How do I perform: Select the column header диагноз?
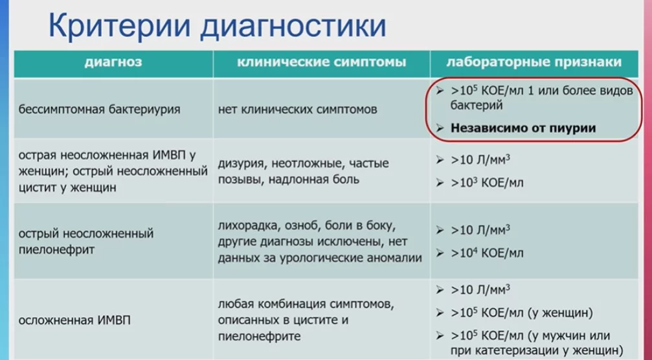point(113,62)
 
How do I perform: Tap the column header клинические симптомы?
point(322,62)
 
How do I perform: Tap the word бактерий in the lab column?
point(475,104)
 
